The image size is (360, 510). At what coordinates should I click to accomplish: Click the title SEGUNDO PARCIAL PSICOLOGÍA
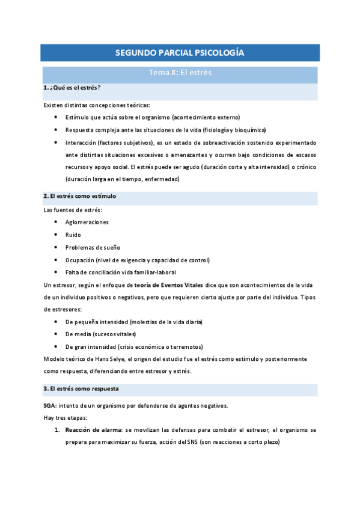point(180,53)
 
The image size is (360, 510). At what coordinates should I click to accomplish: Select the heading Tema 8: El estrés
point(180,74)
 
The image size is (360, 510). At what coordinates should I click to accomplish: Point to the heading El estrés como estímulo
point(80,196)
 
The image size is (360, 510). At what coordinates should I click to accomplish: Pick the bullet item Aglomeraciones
point(87,222)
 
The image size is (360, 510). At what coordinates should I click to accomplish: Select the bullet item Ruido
point(73,235)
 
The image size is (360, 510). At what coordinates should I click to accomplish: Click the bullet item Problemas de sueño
point(93,247)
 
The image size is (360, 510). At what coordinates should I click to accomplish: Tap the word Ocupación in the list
point(80,260)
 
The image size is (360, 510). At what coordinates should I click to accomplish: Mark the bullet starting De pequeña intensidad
point(134,322)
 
